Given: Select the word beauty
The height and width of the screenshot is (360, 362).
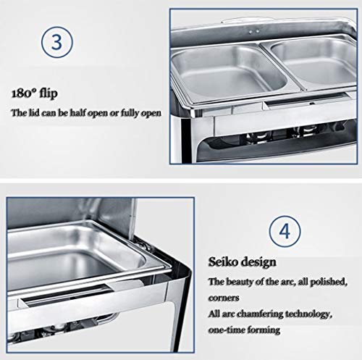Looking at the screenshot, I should click(x=241, y=280).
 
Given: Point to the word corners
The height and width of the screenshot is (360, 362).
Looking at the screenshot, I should click(x=224, y=296).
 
